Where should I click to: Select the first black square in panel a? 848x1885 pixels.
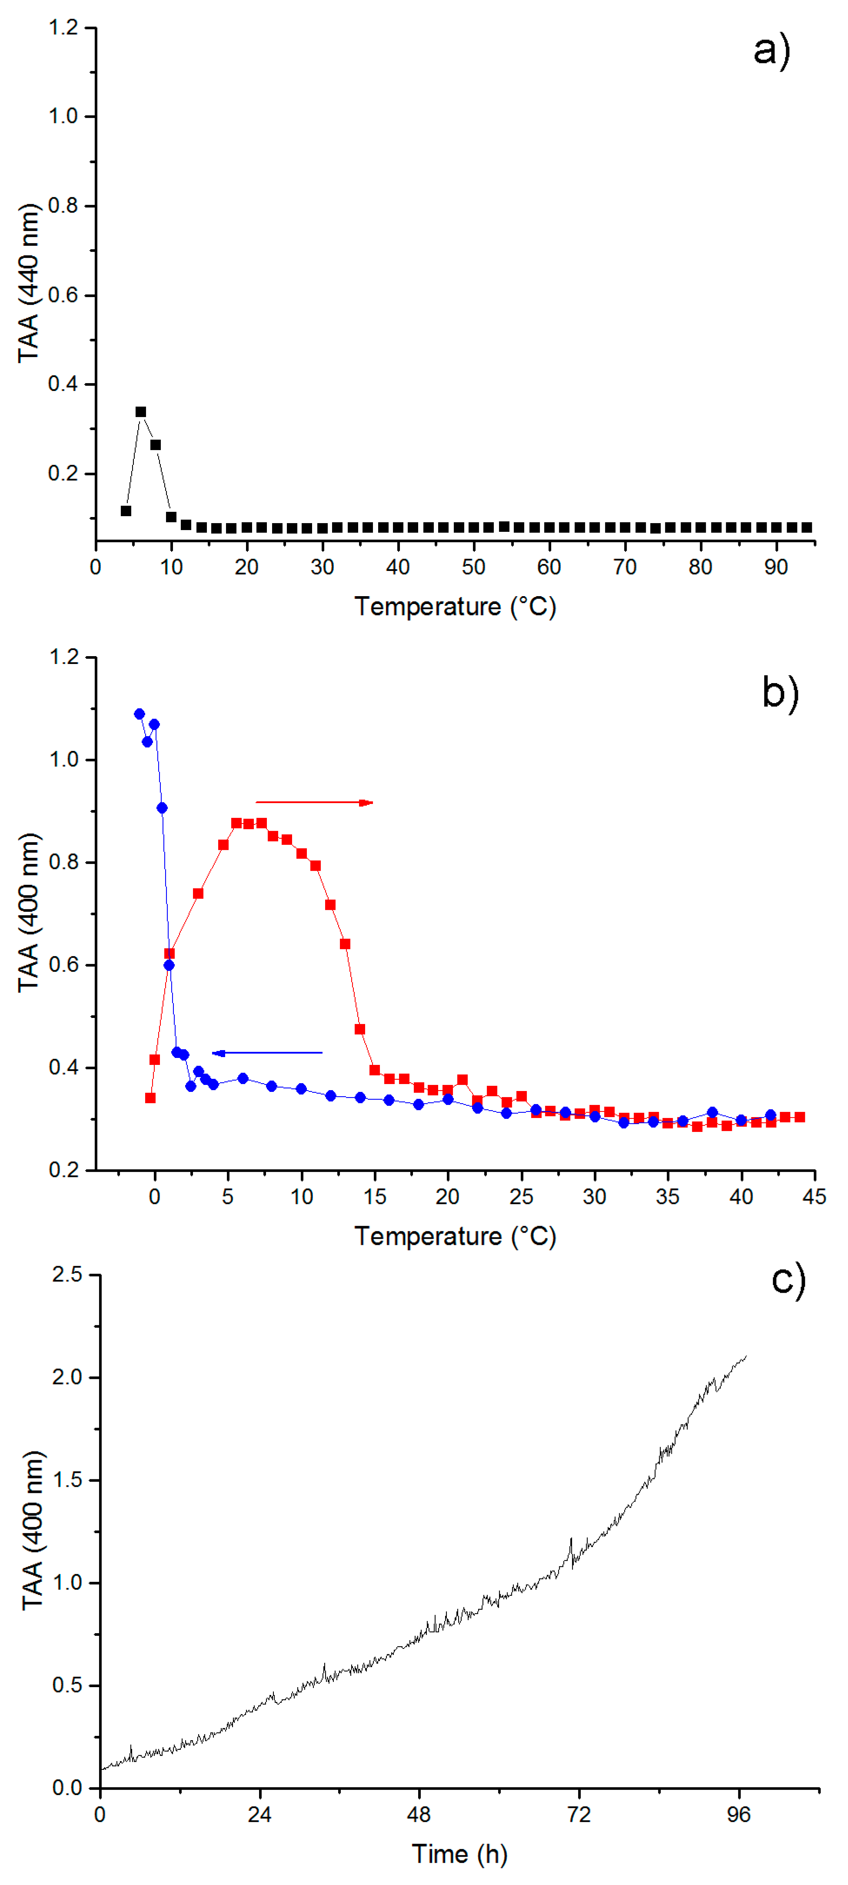[x=126, y=511]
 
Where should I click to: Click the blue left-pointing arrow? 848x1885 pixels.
[x=267, y=1053]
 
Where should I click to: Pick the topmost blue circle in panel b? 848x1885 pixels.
[x=139, y=714]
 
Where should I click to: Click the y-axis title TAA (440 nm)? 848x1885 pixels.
[x=29, y=283]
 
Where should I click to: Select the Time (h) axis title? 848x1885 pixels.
[x=459, y=1854]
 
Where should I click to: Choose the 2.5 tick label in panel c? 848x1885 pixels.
[x=67, y=1275]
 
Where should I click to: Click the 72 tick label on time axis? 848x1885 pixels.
[x=579, y=1814]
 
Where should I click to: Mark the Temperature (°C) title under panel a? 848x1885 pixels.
[x=455, y=607]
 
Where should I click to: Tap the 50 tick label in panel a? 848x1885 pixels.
[x=473, y=567]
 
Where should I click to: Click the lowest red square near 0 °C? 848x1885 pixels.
[x=150, y=1098]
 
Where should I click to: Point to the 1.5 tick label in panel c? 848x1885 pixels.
[x=67, y=1480]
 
